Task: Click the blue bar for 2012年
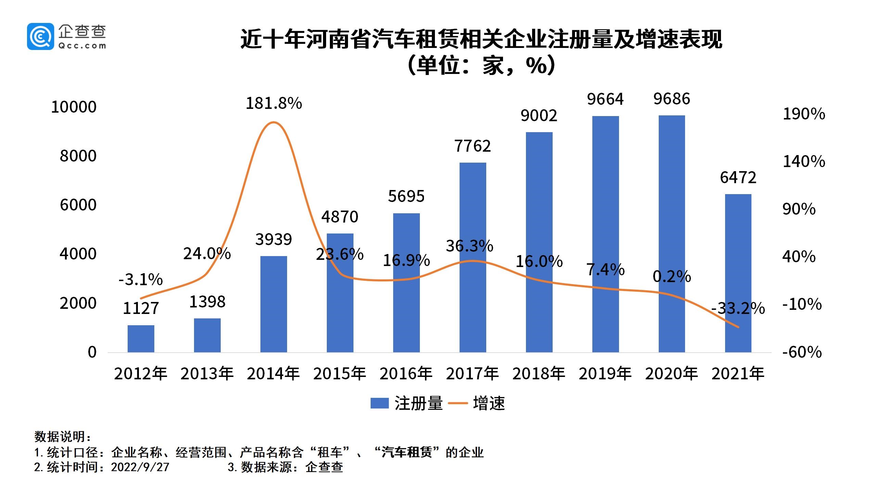[x=141, y=339]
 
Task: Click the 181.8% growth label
[x=274, y=103]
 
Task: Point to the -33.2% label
[x=738, y=308]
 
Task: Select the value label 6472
[x=738, y=178]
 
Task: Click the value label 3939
[x=273, y=239]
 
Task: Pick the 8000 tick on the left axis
[x=78, y=156]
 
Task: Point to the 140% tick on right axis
[x=804, y=161]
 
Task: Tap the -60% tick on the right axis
[x=802, y=352]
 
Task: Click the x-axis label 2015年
[x=339, y=374]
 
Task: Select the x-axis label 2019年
[x=605, y=374]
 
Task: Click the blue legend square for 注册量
[x=379, y=403]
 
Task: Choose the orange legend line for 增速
[x=458, y=403]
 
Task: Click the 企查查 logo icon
[x=40, y=36]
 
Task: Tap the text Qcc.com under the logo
[x=82, y=46]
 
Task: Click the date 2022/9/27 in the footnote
[x=140, y=467]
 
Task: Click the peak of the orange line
[x=273, y=122]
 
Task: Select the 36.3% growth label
[x=469, y=246]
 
